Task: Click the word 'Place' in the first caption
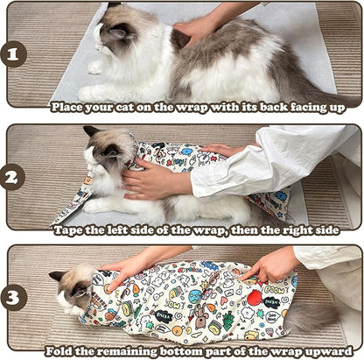point(67,107)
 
